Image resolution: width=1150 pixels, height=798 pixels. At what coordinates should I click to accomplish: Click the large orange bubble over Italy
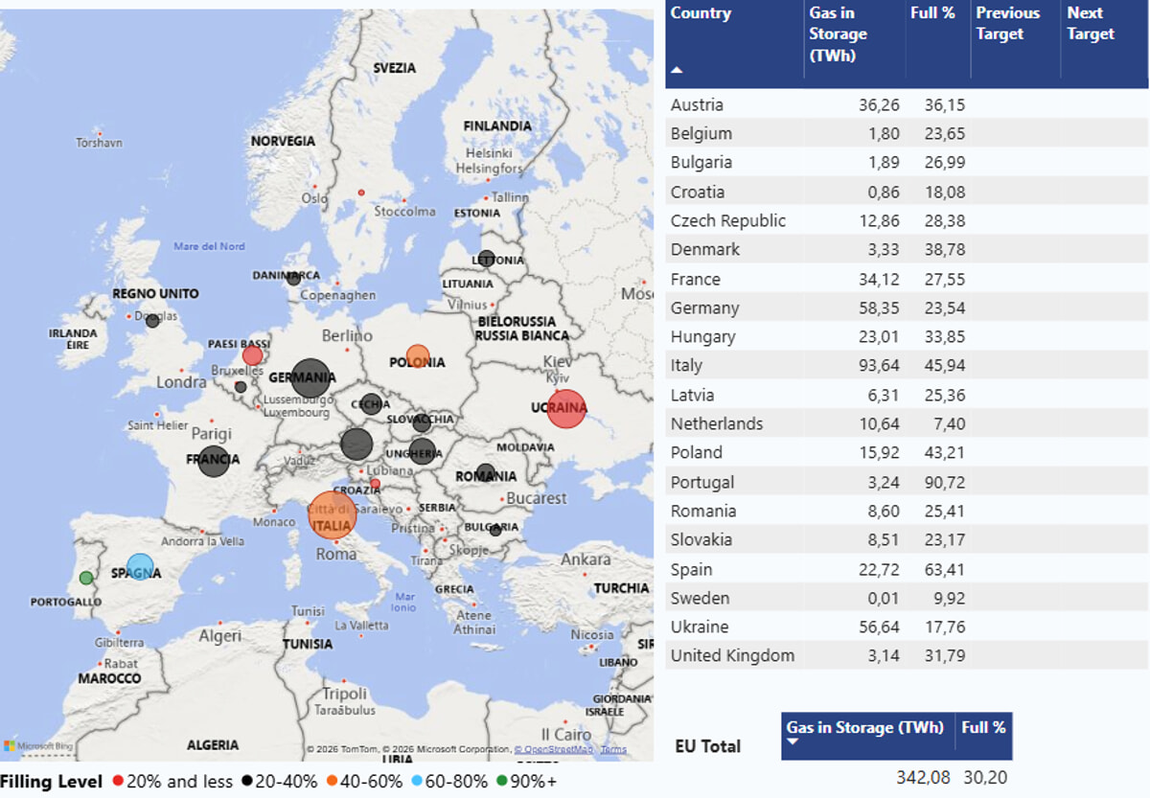coord(332,515)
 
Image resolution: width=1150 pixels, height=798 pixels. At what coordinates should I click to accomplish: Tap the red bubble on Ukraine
coord(566,409)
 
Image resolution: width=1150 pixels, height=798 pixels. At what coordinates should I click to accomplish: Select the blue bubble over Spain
coord(141,567)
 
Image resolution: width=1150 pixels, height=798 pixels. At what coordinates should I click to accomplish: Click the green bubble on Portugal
coord(86,578)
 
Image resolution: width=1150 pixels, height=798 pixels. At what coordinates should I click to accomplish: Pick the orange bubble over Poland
coord(418,357)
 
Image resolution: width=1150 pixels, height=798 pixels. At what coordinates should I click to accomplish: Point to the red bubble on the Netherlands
coord(252,355)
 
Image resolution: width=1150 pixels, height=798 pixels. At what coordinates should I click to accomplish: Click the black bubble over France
coord(214,461)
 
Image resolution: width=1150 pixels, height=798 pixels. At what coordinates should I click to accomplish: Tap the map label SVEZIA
coord(395,68)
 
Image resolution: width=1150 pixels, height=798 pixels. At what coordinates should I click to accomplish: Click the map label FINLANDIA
coord(497,126)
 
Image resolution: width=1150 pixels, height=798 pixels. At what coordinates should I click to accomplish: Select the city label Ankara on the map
coord(586,559)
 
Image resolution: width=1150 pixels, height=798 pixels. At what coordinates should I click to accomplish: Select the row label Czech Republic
coord(728,220)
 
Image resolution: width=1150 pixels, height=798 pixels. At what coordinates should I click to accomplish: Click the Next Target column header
coord(1091,24)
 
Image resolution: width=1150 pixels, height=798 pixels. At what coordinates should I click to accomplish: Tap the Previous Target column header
coord(1007,24)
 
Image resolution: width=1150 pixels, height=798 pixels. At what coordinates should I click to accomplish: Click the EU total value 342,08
coord(920,777)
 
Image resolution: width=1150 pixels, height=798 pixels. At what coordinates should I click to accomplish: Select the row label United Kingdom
coord(732,655)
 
